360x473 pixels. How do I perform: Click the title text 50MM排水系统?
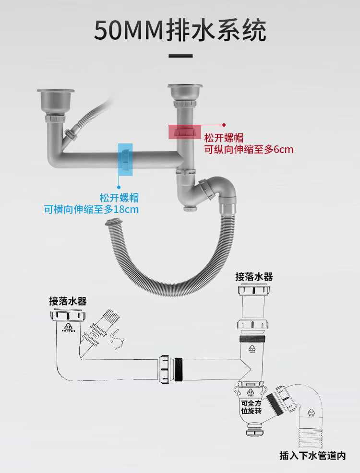coord(180,31)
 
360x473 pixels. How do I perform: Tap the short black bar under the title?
coord(180,56)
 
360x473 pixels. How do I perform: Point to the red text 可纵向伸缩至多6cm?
coord(249,150)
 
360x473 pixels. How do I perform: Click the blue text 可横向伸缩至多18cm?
coord(92,209)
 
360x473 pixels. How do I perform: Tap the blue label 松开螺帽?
coord(119,197)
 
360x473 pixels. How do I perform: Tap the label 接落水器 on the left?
coord(68,301)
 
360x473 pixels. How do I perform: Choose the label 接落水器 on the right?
coord(254,277)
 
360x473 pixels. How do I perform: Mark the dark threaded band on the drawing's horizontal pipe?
coord(179,368)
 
